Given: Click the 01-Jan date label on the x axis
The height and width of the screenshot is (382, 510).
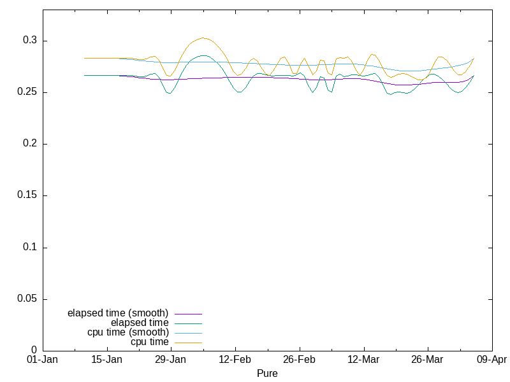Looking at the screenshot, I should [x=43, y=360].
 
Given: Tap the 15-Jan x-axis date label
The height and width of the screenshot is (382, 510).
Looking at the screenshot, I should [x=106, y=360].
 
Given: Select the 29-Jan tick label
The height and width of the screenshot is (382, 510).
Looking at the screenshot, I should [x=171, y=360].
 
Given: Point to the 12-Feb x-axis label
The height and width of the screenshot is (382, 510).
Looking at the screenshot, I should [x=235, y=360].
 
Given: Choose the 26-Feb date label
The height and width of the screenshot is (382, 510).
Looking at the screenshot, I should [x=299, y=360].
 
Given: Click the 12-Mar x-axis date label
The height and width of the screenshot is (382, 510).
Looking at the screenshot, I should [x=363, y=360].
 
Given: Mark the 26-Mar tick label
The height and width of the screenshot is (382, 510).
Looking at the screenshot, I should [x=427, y=360].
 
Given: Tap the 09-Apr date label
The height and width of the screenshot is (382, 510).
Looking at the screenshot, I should [x=492, y=360].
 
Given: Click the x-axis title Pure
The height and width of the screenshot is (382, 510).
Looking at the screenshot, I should [x=267, y=374].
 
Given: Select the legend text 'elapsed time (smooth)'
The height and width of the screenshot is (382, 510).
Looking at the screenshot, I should [x=118, y=313].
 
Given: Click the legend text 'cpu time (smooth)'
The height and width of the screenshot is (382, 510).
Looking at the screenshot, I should [x=128, y=332].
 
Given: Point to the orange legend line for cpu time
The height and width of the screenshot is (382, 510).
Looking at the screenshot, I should [x=188, y=343].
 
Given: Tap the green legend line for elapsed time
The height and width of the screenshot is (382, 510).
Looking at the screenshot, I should [x=188, y=323].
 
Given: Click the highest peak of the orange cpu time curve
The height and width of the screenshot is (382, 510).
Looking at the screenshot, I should [x=203, y=38].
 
